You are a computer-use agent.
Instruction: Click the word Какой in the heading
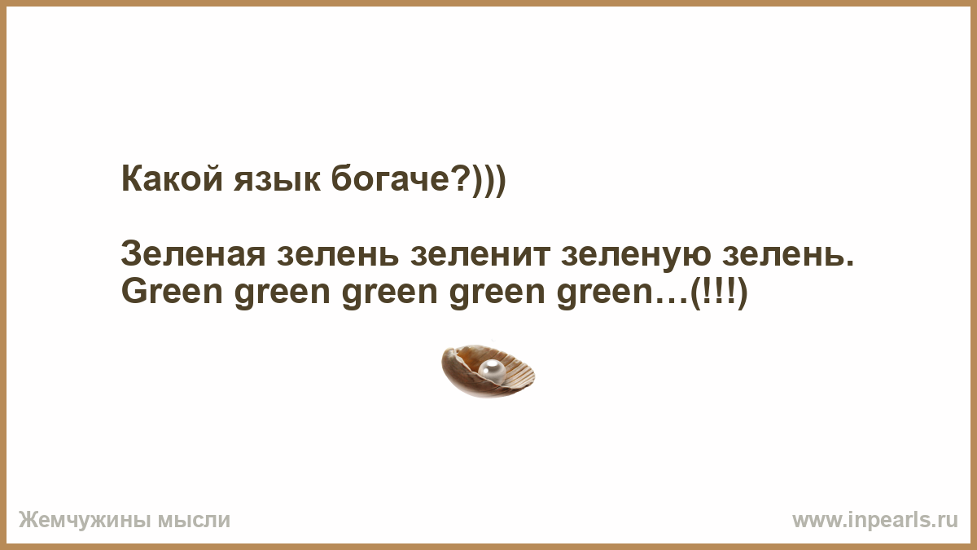click(173, 179)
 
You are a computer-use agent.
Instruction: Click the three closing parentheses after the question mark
click(488, 180)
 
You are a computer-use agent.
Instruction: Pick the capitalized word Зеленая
click(193, 254)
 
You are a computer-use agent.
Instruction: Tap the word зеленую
click(637, 257)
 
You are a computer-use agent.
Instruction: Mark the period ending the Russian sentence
click(848, 263)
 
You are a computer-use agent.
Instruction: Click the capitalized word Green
click(173, 292)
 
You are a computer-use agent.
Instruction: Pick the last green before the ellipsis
click(603, 295)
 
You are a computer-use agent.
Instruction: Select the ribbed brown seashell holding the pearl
click(488, 372)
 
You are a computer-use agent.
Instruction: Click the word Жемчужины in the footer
click(84, 521)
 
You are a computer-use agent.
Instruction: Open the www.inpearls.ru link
click(875, 521)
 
